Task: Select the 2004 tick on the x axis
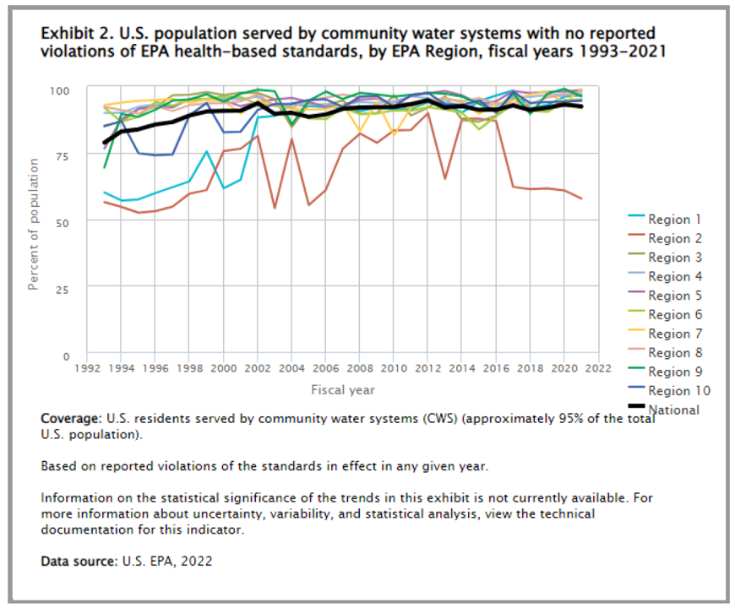pyautogui.click(x=291, y=368)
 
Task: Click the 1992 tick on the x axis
pyautogui.click(x=87, y=368)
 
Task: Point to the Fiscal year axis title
pyautogui.click(x=342, y=390)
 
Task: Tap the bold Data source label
pyautogui.click(x=76, y=562)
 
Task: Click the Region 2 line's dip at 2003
pyautogui.click(x=275, y=208)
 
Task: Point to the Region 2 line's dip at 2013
pyautogui.click(x=445, y=178)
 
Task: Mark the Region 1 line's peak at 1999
pyautogui.click(x=206, y=152)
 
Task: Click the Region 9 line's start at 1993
pyautogui.click(x=104, y=167)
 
